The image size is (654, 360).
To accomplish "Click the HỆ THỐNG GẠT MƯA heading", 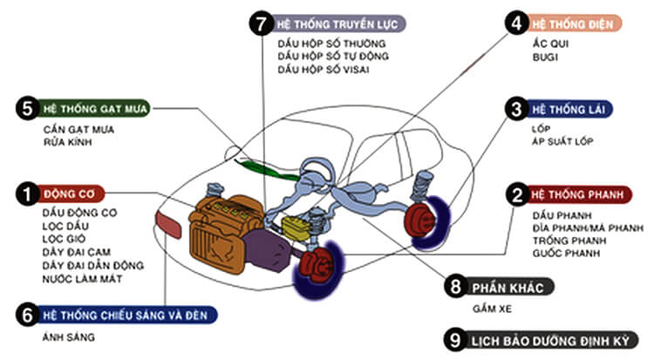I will coord(97,109).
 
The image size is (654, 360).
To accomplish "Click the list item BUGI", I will coord(545,56).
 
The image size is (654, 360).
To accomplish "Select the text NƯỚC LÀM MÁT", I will coord(82,278).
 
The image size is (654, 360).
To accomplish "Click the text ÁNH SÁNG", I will coord(68,336).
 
